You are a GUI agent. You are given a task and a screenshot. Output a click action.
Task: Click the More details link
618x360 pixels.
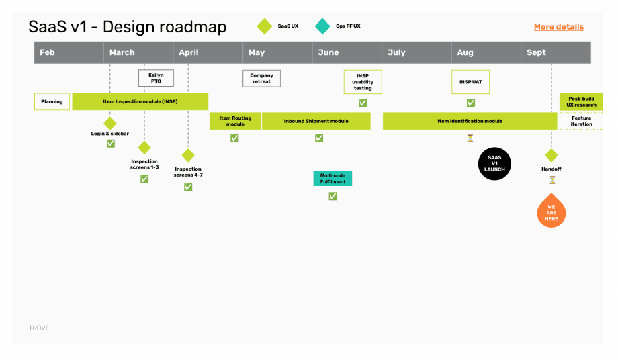tap(558, 27)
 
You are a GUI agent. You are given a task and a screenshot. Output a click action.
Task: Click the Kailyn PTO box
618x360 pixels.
tap(156, 79)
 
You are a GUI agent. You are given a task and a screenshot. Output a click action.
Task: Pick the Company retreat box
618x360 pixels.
tap(261, 79)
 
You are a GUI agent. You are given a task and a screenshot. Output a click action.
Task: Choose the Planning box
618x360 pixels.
tap(52, 101)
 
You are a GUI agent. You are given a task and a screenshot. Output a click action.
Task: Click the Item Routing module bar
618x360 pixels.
tap(235, 121)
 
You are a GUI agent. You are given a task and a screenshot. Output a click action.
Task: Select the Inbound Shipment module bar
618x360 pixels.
tap(316, 121)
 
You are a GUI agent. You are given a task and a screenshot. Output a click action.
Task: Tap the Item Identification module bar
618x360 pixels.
tap(470, 121)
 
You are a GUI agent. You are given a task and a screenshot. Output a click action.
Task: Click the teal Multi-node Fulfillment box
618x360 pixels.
tap(333, 179)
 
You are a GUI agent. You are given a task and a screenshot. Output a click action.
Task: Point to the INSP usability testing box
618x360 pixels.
tap(363, 82)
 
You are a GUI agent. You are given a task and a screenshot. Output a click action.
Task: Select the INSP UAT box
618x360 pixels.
tap(470, 82)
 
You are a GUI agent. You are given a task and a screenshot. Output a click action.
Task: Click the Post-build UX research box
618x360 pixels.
tap(581, 101)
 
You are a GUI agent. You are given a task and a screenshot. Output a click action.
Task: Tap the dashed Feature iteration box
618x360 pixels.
tap(581, 121)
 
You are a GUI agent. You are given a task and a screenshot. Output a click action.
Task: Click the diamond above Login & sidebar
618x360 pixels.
tap(110, 123)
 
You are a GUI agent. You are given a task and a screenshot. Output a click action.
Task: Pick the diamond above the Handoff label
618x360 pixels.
tap(551, 155)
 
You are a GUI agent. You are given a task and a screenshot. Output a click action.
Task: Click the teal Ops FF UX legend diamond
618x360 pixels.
tap(322, 27)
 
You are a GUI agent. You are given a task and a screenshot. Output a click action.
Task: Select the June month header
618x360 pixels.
tap(328, 52)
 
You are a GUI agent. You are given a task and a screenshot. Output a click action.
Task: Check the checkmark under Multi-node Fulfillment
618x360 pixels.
tap(333, 196)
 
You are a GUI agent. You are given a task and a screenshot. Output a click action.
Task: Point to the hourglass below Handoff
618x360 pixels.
tap(552, 180)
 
